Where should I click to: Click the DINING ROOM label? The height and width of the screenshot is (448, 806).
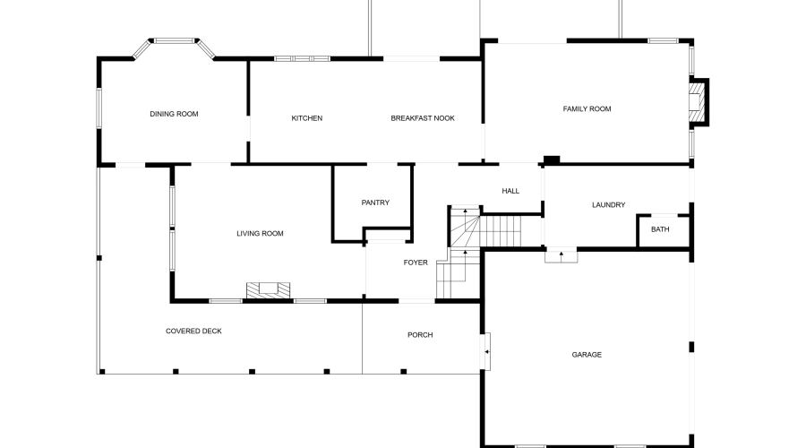pyautogui.click(x=174, y=114)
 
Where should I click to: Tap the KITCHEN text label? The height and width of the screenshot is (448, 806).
pyautogui.click(x=307, y=118)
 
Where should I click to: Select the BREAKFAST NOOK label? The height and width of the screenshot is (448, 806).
pyautogui.click(x=423, y=118)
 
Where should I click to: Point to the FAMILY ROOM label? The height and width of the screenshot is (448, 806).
pyautogui.click(x=587, y=109)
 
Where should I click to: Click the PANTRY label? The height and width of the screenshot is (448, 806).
pyautogui.click(x=375, y=202)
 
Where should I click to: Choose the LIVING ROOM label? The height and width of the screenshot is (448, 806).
pyautogui.click(x=260, y=234)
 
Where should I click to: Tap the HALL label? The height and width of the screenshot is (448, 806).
pyautogui.click(x=510, y=191)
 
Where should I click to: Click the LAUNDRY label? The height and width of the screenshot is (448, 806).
pyautogui.click(x=608, y=205)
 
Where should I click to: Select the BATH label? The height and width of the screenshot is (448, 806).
pyautogui.click(x=660, y=229)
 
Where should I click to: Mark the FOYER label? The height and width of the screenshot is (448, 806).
pyautogui.click(x=416, y=263)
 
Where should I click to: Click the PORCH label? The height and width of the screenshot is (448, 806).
pyautogui.click(x=420, y=335)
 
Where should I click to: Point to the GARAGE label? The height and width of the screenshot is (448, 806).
pyautogui.click(x=587, y=355)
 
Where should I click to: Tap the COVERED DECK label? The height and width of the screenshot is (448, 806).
pyautogui.click(x=193, y=332)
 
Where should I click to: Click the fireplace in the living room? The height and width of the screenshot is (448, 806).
pyautogui.click(x=269, y=289)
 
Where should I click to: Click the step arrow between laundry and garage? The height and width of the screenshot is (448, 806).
pyautogui.click(x=562, y=255)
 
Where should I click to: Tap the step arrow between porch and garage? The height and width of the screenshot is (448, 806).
pyautogui.click(x=486, y=352)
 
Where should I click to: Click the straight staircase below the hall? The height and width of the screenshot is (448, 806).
pyautogui.click(x=502, y=231)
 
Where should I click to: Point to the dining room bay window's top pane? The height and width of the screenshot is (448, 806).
pyautogui.click(x=174, y=40)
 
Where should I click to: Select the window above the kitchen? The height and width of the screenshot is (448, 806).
pyautogui.click(x=302, y=59)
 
